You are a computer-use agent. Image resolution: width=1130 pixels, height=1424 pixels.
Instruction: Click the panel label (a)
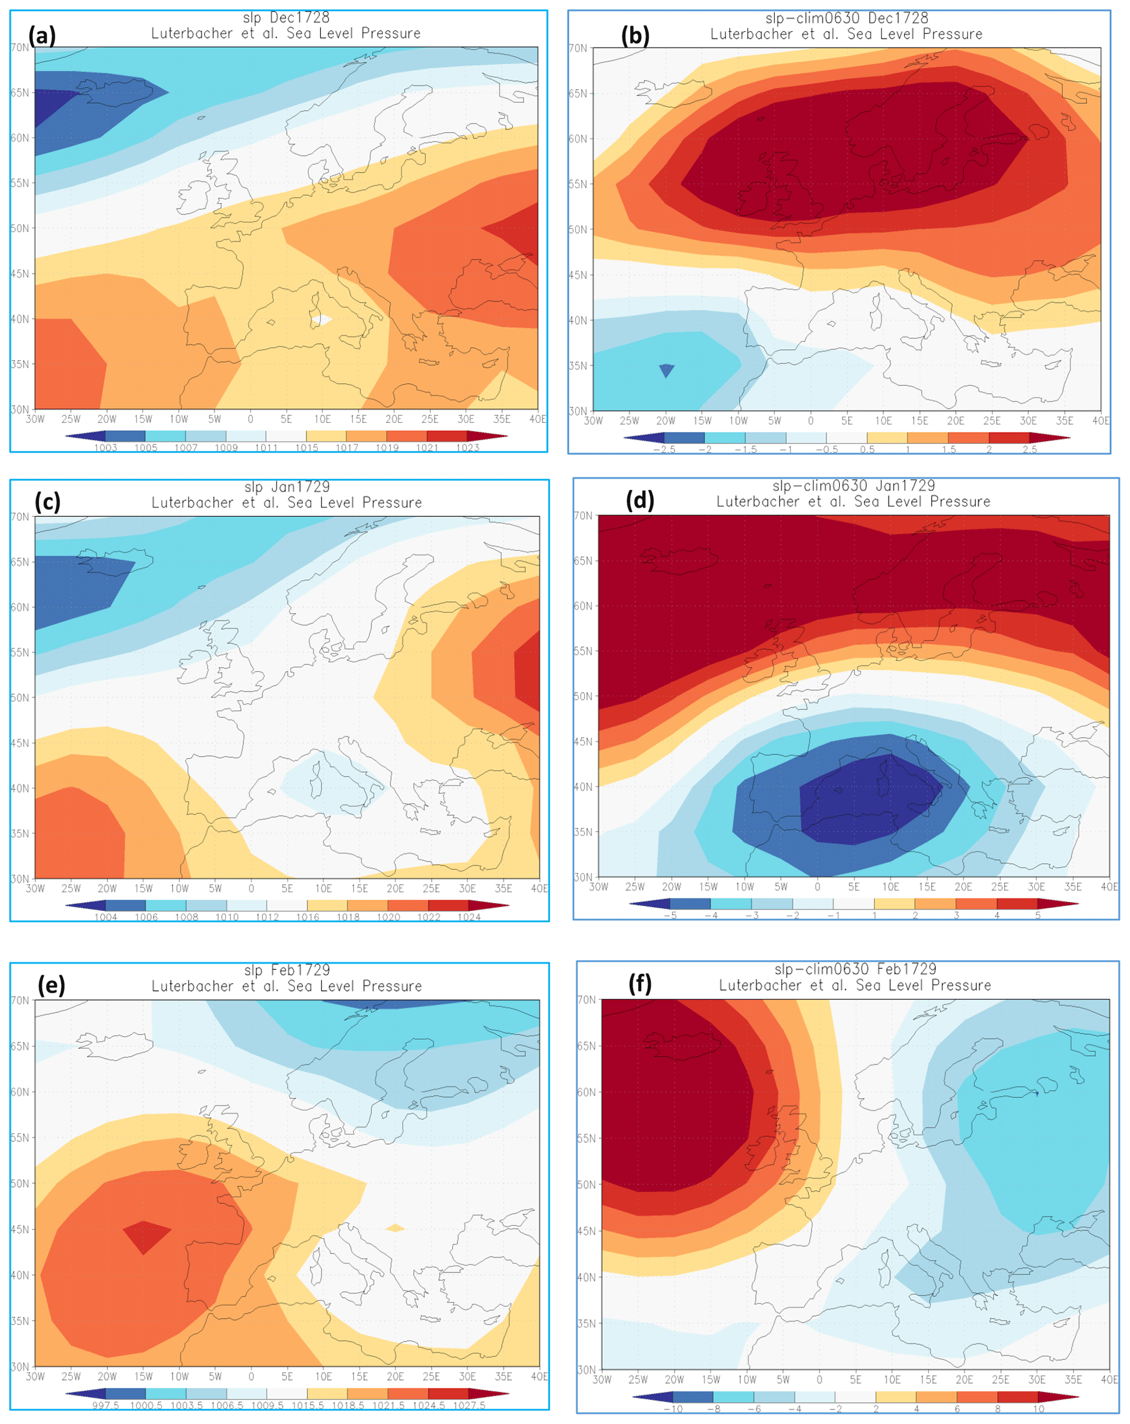pos(42,35)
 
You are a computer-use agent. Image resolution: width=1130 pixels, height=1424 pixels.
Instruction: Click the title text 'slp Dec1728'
pos(285,17)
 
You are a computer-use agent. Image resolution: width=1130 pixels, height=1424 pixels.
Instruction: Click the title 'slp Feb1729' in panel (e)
pos(286,969)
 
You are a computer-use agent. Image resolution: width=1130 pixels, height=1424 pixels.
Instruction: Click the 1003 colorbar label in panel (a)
pos(106,448)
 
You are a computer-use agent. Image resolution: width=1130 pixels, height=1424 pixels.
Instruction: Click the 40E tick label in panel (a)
pos(537,419)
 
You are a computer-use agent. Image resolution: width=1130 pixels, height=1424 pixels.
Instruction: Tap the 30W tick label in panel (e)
pos(35,1376)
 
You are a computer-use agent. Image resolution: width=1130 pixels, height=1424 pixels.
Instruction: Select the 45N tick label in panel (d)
pos(582,742)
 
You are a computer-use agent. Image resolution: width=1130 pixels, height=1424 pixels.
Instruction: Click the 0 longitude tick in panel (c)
pos(250,888)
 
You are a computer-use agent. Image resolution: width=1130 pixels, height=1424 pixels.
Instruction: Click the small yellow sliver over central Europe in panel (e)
pos(395,1228)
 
